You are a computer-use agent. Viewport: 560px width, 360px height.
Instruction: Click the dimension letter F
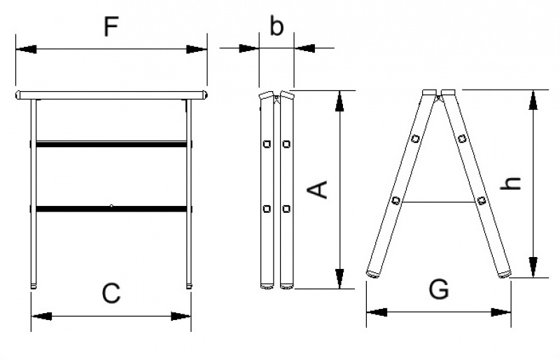(x=111, y=27)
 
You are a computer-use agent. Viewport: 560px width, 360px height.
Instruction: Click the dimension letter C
(x=111, y=293)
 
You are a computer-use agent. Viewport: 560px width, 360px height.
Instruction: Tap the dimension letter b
(x=276, y=27)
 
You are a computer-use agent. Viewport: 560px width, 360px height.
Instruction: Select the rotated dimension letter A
(x=319, y=188)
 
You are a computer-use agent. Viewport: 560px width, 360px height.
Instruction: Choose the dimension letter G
(x=439, y=289)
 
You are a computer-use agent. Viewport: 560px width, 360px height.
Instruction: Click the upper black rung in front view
(x=111, y=144)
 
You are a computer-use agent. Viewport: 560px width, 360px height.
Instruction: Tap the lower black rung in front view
(x=111, y=208)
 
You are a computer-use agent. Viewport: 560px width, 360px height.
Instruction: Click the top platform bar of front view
(x=111, y=94)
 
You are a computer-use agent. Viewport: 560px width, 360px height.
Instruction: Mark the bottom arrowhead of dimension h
(x=533, y=268)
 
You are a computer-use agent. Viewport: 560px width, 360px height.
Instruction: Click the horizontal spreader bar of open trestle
(x=439, y=202)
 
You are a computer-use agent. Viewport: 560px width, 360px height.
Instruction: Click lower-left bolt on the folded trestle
(x=266, y=208)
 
